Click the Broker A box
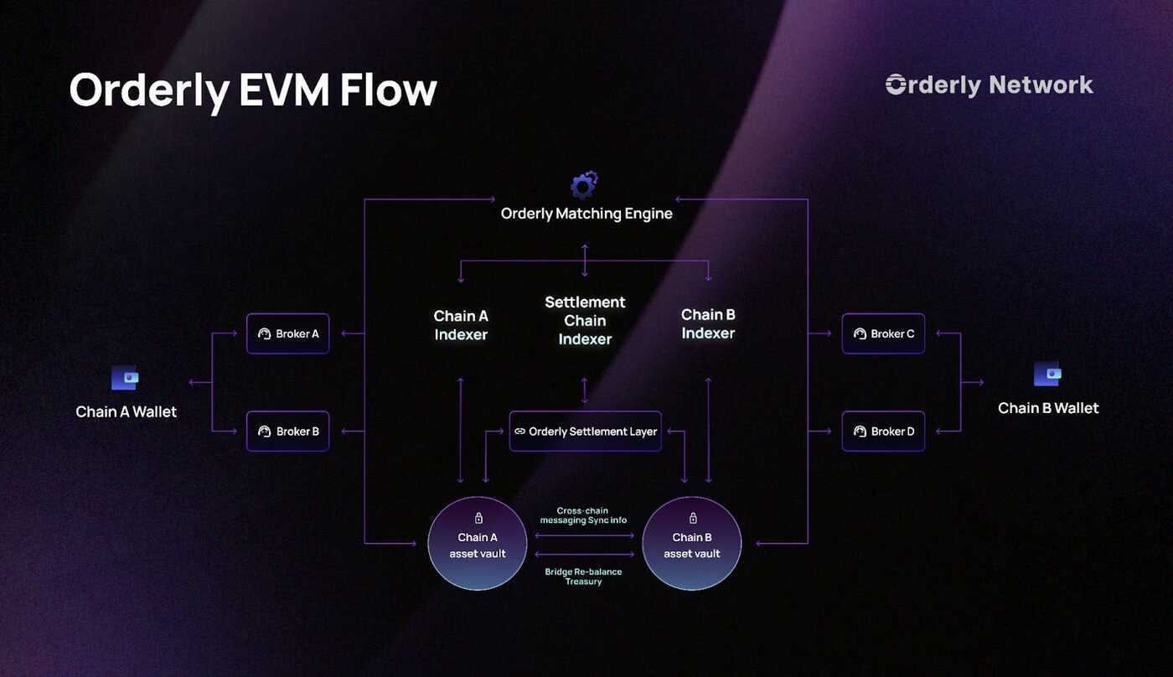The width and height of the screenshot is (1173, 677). pyautogui.click(x=287, y=333)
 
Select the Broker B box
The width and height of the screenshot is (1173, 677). pyautogui.click(x=287, y=432)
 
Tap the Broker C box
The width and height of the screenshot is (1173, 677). pyautogui.click(x=883, y=333)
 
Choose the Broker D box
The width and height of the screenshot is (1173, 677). pyautogui.click(x=883, y=432)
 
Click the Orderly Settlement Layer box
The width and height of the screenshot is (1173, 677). pyautogui.click(x=585, y=432)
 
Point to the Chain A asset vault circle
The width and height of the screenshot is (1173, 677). pyautogui.click(x=478, y=543)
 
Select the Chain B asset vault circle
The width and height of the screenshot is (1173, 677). pyautogui.click(x=692, y=543)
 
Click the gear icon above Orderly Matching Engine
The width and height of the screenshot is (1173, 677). pyautogui.click(x=584, y=184)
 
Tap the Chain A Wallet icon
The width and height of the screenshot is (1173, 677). pyautogui.click(x=126, y=378)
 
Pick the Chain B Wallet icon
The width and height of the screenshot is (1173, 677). pyautogui.click(x=1047, y=374)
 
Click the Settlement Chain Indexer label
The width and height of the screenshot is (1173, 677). pyautogui.click(x=585, y=320)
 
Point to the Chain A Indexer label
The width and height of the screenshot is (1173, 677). pyautogui.click(x=461, y=325)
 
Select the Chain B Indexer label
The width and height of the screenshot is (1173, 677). pyautogui.click(x=708, y=323)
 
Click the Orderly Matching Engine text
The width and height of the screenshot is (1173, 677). pyautogui.click(x=586, y=214)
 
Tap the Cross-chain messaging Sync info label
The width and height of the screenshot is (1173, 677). pyautogui.click(x=583, y=515)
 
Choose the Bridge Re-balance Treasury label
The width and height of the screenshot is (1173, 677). pyautogui.click(x=583, y=576)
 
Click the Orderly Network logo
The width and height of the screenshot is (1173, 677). pyautogui.click(x=989, y=85)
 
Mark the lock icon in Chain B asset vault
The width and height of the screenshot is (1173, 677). pyautogui.click(x=693, y=519)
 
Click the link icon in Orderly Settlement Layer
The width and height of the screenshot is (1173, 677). pyautogui.click(x=519, y=432)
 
